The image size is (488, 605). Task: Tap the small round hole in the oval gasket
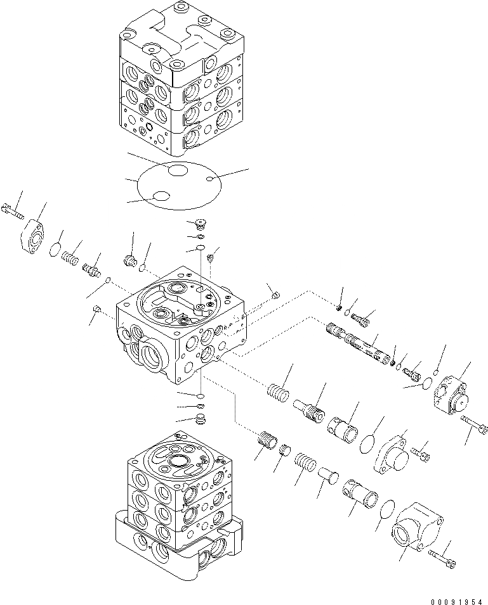pyautogui.click(x=209, y=181)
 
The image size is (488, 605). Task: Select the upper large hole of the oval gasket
pyautogui.click(x=177, y=170)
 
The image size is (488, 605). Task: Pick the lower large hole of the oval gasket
pyautogui.click(x=162, y=197)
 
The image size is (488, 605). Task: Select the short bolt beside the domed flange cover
pyautogui.click(x=420, y=452)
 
